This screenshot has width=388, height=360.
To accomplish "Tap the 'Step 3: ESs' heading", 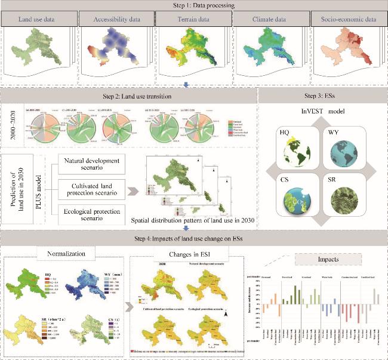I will (x=321, y=97).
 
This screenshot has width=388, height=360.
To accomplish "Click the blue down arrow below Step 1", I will (x=186, y=85).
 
